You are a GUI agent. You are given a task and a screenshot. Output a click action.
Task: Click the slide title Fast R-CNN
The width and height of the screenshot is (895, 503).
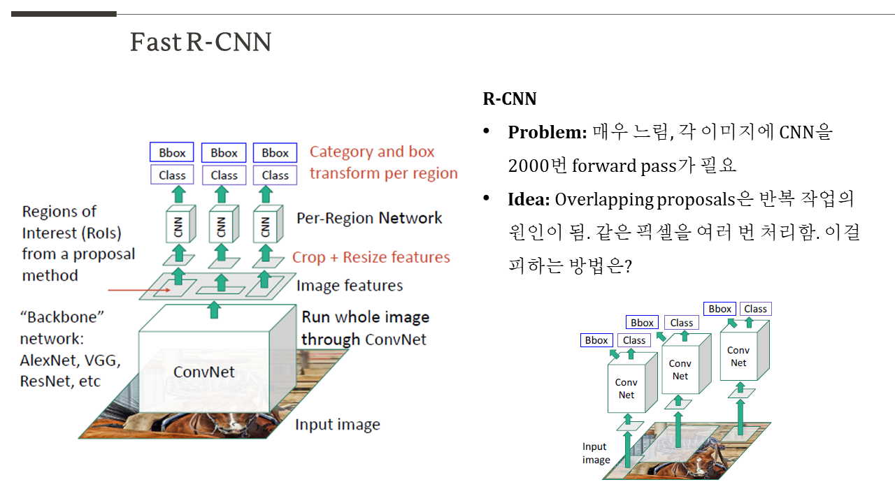coord(201,43)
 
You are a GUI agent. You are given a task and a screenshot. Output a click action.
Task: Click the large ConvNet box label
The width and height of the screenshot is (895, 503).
coord(204,372)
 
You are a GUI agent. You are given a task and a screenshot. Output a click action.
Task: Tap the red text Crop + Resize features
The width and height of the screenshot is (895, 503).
coord(371,257)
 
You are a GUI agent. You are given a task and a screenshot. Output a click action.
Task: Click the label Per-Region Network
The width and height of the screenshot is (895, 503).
coord(369,218)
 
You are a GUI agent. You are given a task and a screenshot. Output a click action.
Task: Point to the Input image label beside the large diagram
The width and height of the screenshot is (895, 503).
coord(337,425)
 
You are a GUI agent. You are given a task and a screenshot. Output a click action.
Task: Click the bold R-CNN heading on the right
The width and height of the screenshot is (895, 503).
coord(510,99)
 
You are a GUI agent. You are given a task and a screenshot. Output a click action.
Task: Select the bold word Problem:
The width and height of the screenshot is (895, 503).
coord(547,132)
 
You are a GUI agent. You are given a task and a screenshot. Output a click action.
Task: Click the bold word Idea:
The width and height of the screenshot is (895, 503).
coord(529,200)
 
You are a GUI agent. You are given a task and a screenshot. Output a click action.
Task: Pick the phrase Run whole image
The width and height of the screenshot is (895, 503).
coord(365,317)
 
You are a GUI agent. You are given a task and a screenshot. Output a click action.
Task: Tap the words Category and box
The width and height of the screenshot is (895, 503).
coord(372,152)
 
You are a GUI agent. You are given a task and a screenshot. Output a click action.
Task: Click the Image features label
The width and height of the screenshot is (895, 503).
coord(350,285)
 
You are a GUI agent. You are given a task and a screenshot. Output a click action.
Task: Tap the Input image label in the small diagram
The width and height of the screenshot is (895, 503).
coord(596,453)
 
